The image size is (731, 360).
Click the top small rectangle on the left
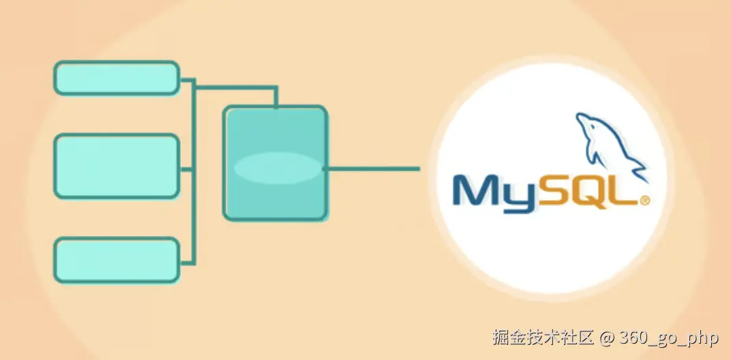tap(117, 78)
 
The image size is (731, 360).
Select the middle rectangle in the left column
tap(117, 166)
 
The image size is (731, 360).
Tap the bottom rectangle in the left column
tap(117, 260)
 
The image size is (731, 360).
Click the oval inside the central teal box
tap(277, 168)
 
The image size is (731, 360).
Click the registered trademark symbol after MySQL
tap(644, 200)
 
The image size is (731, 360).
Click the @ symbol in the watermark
tap(608, 337)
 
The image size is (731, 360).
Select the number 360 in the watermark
tap(636, 337)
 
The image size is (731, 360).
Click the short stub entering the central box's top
tap(275, 97)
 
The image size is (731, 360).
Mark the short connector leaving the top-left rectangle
tap(187, 79)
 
